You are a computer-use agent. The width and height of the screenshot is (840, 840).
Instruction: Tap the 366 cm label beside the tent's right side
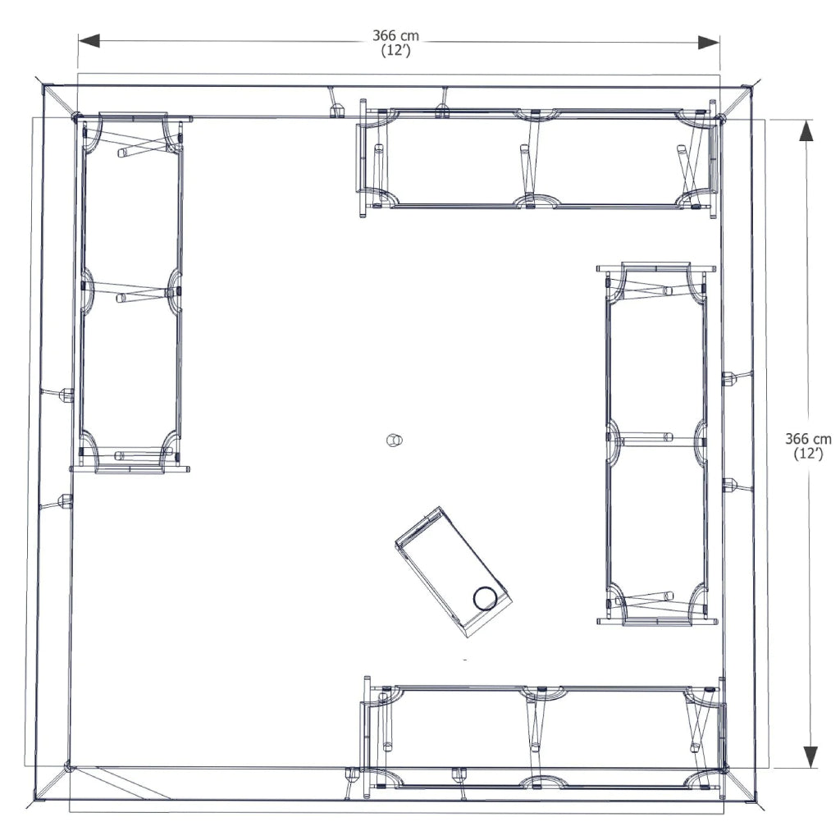pyautogui.click(x=808, y=439)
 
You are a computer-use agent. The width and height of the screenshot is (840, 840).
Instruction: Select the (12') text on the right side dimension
pyautogui.click(x=808, y=454)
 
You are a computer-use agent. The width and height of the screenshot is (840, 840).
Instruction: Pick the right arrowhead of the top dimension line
pyautogui.click(x=709, y=42)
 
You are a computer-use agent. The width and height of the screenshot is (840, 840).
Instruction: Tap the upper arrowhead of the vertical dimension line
pyautogui.click(x=808, y=132)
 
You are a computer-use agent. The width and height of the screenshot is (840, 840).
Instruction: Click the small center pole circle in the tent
pyautogui.click(x=394, y=441)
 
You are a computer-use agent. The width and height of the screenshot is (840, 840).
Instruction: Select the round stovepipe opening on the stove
pyautogui.click(x=485, y=598)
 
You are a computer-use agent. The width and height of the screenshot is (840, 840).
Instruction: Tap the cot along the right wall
pyautogui.click(x=656, y=443)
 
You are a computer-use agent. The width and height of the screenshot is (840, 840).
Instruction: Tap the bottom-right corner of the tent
pyautogui.click(x=751, y=799)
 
